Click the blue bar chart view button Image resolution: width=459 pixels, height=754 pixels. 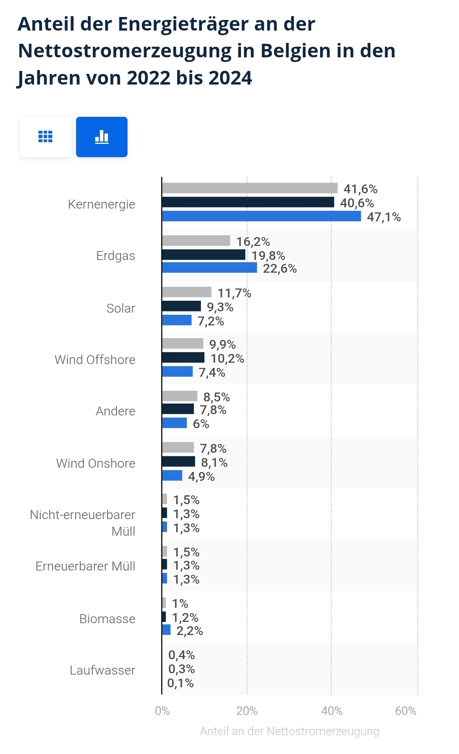click(x=102, y=137)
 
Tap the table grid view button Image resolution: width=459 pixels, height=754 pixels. click(x=45, y=137)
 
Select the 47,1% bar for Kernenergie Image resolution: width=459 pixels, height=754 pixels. click(x=261, y=216)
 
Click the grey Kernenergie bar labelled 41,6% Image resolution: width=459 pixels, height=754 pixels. click(x=249, y=188)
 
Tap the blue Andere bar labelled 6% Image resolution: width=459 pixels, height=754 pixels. click(x=174, y=423)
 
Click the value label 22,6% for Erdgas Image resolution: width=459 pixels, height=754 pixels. click(x=280, y=268)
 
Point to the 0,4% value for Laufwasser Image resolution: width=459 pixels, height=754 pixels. click(x=181, y=655)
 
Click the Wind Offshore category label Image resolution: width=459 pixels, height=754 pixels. click(x=95, y=360)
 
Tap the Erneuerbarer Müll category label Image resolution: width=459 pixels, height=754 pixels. click(x=85, y=566)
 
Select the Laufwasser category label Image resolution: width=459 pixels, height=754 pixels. click(x=102, y=670)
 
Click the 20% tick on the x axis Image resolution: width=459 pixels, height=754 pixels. click(x=247, y=711)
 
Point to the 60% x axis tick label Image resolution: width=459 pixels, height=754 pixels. click(x=405, y=711)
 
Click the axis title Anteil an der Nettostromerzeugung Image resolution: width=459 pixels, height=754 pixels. click(x=289, y=731)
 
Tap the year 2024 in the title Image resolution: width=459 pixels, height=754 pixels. click(x=230, y=78)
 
